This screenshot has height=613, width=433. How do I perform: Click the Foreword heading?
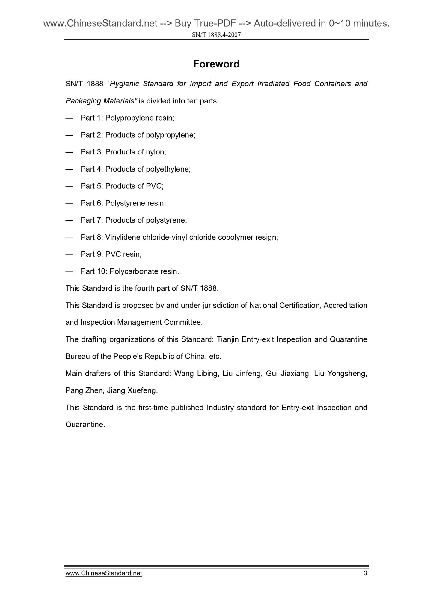pyautogui.click(x=216, y=64)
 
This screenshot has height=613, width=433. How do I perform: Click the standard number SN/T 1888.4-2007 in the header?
pyautogui.click(x=216, y=35)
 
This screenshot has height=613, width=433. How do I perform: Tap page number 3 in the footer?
pyautogui.click(x=365, y=573)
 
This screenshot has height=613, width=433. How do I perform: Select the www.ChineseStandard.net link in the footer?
pyautogui.click(x=104, y=573)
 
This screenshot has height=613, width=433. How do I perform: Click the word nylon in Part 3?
pyautogui.click(x=156, y=152)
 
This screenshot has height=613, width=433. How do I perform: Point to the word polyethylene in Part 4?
pyautogui.click(x=168, y=169)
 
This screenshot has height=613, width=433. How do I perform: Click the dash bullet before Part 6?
pyautogui.click(x=69, y=203)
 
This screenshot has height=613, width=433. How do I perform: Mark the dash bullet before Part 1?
pyautogui.click(x=69, y=118)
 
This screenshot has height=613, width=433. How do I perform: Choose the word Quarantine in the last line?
pyautogui.click(x=85, y=425)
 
